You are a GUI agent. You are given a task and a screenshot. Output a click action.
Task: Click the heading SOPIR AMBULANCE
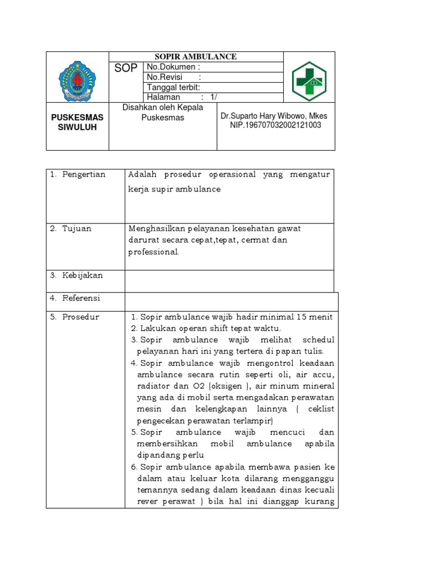point(196,57)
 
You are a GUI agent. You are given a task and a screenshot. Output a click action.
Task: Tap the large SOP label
point(126,69)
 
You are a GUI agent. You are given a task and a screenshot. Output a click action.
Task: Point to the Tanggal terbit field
point(173,87)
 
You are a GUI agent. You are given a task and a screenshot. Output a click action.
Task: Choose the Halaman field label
point(163,97)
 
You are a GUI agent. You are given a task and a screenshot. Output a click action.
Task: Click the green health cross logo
point(309,82)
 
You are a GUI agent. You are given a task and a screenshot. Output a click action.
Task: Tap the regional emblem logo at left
point(77,82)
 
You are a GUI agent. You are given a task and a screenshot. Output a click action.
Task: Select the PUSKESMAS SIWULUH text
point(77,122)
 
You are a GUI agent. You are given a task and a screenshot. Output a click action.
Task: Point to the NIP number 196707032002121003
point(275,125)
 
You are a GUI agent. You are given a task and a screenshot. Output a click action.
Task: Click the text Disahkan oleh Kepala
point(162,108)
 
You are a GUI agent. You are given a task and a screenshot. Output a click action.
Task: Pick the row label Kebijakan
point(82,275)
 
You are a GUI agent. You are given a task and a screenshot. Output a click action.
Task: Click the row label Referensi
point(81,298)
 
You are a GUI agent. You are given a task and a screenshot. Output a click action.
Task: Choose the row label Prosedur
point(81,317)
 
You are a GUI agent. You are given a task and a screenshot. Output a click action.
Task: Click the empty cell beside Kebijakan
point(229,281)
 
